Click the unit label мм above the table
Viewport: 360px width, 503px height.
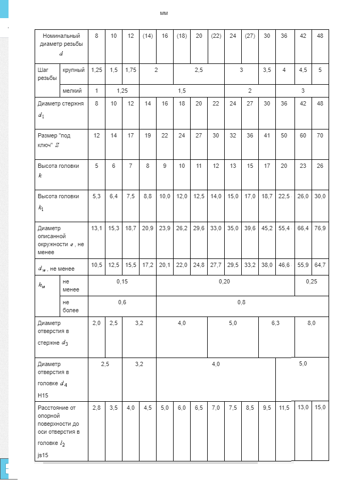[x=164, y=13]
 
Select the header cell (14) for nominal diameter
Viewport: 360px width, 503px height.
[x=148, y=36]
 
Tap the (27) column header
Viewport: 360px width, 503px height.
[x=250, y=36]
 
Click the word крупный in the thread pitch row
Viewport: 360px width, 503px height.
[x=72, y=70]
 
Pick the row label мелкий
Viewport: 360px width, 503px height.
[x=72, y=91]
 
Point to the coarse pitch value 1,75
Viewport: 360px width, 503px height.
[x=130, y=70]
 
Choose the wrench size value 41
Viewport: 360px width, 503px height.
[x=267, y=136]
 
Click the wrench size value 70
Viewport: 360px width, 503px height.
[x=320, y=136]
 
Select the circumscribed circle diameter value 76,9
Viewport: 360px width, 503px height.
[x=320, y=229]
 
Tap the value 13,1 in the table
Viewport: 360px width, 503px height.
[x=96, y=229]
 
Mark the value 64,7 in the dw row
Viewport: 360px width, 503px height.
[x=320, y=264]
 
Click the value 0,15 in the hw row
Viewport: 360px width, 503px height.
[x=122, y=281]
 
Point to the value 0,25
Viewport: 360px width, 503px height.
[x=311, y=281]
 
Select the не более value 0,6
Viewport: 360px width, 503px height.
[x=122, y=302]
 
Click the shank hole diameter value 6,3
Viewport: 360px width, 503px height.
[x=275, y=323]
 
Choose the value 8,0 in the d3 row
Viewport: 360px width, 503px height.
[x=311, y=323]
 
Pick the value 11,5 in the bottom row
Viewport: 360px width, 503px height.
[x=284, y=408]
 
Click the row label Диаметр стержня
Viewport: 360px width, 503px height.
[x=61, y=103]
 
